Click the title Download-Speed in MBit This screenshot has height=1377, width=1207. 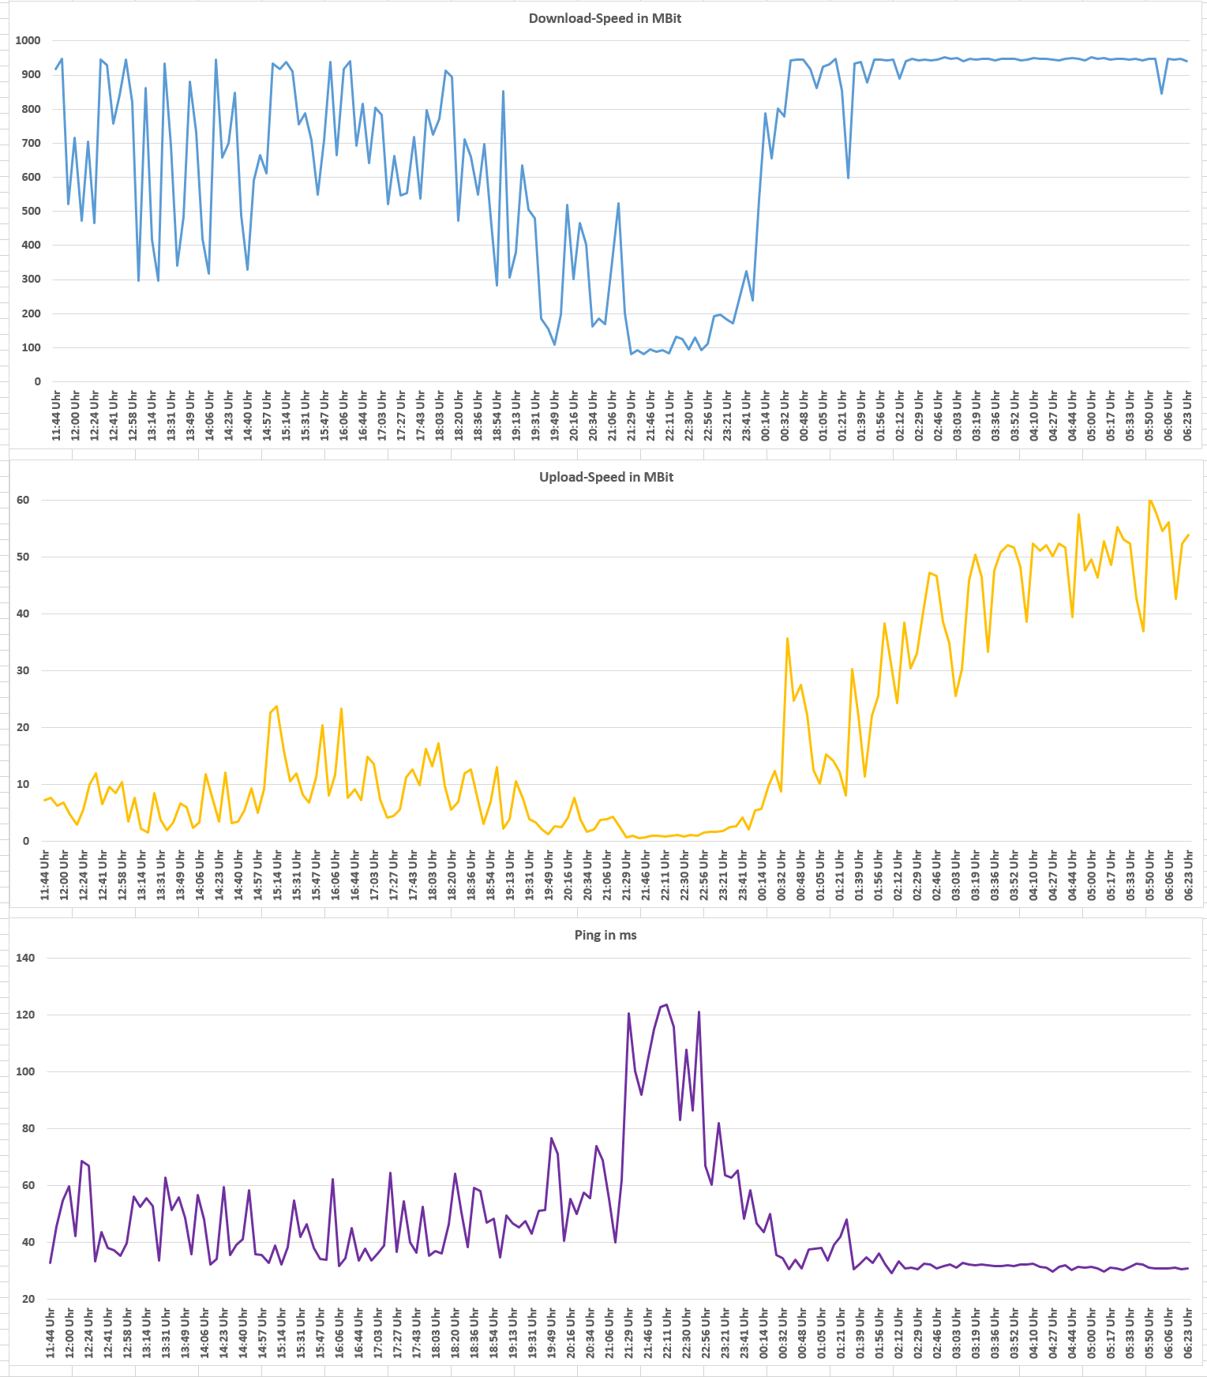(605, 18)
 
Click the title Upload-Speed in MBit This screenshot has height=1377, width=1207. (606, 477)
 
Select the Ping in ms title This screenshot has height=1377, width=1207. (605, 935)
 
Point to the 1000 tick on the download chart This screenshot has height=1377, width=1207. (28, 40)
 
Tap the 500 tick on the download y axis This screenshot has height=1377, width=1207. (31, 211)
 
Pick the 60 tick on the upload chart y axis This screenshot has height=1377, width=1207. (22, 500)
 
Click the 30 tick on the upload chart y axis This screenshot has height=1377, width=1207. (22, 670)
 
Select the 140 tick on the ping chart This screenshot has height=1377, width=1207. (25, 958)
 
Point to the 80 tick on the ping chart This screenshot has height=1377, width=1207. (28, 1128)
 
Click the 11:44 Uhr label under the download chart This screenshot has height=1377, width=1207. (57, 415)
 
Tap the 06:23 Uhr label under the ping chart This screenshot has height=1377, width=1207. (1187, 1332)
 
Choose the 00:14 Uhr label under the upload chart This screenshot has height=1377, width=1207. (763, 874)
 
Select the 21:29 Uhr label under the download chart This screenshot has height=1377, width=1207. (632, 415)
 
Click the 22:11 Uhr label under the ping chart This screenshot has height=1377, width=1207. (667, 1332)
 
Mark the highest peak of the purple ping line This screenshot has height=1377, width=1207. (667, 1004)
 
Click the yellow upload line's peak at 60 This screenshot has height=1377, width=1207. (1150, 500)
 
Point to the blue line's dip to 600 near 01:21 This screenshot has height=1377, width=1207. (848, 178)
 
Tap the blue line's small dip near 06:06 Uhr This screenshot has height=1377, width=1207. (1161, 93)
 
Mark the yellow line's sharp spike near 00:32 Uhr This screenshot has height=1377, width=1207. (787, 638)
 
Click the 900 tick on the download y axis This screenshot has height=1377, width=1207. (31, 74)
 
